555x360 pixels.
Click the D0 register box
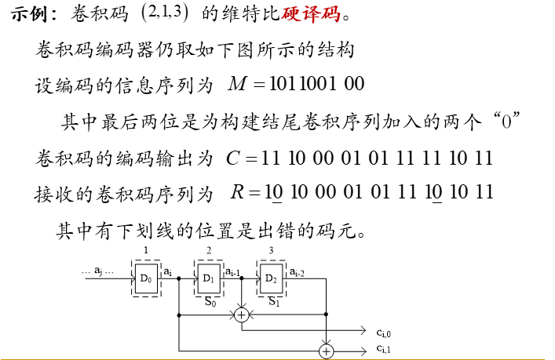pos(146,278)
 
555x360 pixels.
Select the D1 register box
pos(208,278)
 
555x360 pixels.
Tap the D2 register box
pos(271,278)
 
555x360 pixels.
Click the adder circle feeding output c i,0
pos(242,315)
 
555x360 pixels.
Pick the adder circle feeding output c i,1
pos(326,348)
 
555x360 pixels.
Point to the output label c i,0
pos(384,333)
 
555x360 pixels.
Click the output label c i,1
pos(384,348)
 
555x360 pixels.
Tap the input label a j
pos(99,271)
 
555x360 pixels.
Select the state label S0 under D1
pos(208,300)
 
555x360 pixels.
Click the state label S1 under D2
pos(273,300)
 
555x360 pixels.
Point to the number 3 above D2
pos(271,250)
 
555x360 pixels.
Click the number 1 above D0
pos(146,250)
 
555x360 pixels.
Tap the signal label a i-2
pos(298,271)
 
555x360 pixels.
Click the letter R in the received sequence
pos(237,192)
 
